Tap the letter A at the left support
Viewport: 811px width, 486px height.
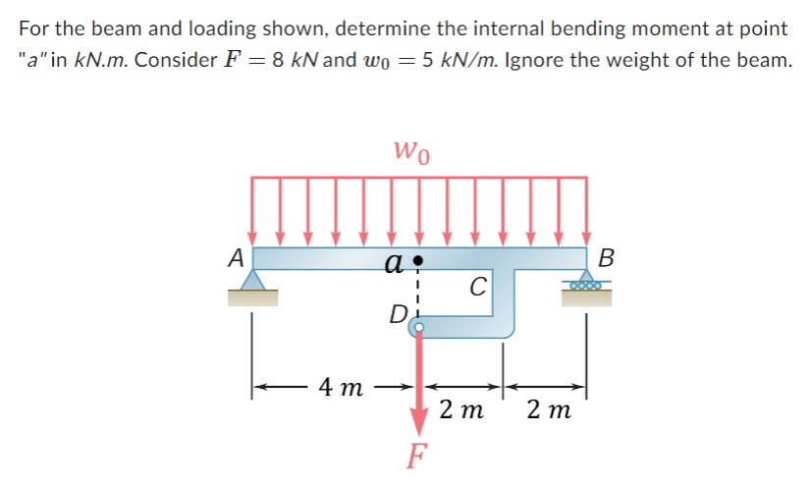[235, 258]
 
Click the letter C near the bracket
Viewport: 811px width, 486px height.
[477, 288]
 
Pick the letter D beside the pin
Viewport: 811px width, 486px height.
[398, 316]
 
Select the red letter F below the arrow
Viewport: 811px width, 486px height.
[419, 457]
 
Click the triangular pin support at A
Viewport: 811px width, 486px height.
[253, 282]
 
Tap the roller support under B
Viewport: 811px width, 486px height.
[587, 284]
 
